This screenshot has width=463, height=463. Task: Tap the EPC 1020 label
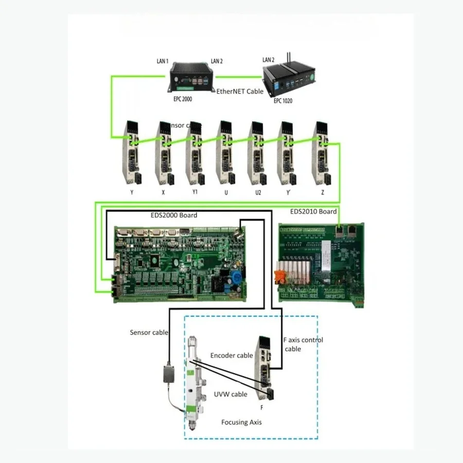pos(282,101)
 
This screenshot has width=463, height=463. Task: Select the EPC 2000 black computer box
pos(193,78)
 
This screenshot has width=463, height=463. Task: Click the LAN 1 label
pos(163,61)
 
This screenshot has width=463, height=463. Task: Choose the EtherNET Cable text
pos(239,92)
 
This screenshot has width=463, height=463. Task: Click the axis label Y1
pos(195,192)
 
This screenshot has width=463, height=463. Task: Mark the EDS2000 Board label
pos(175,215)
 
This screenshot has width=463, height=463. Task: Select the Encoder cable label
pos(232,355)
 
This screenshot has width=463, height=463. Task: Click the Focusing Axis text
pos(241,422)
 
